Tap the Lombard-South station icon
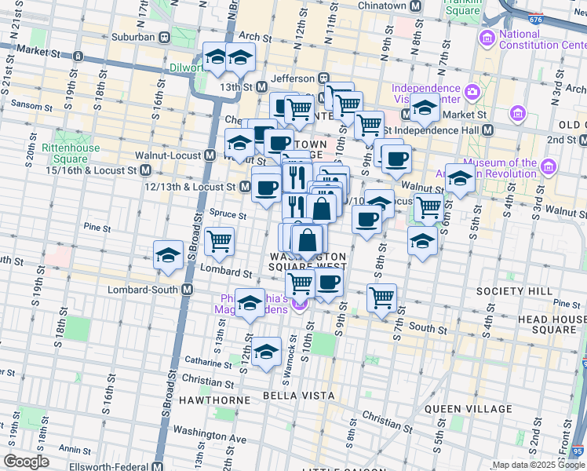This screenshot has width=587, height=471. tap(188, 289)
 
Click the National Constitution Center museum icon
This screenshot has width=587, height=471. tap(487, 37)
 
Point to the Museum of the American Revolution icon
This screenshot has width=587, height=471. tap(548, 167)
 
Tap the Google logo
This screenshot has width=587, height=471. tap(26, 462)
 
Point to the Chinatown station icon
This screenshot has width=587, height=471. tap(416, 6)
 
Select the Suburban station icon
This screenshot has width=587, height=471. tap(165, 36)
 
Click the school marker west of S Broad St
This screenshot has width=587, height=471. tap(168, 255)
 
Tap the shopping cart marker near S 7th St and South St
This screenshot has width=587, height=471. tap(381, 298)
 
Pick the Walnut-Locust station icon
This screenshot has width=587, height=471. tap(210, 155)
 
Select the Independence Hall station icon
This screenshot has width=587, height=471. tap(487, 130)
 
